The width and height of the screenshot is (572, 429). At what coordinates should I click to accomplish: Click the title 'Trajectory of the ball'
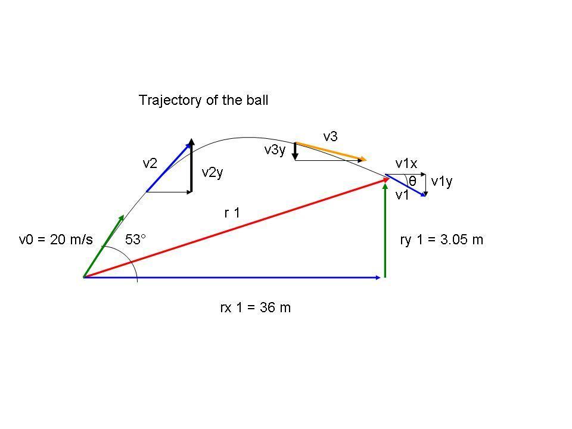tap(203, 100)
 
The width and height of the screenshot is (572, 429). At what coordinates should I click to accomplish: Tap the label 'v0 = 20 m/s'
tap(56, 240)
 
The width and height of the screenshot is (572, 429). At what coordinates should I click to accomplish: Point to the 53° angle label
tap(135, 240)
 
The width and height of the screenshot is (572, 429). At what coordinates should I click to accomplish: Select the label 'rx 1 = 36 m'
tap(256, 308)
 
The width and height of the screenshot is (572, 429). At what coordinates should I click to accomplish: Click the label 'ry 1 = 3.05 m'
tap(442, 240)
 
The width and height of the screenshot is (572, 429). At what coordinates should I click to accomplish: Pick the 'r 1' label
tap(232, 213)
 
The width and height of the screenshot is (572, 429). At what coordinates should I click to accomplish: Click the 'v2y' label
tap(212, 173)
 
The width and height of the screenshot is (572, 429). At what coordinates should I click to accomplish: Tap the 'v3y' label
tap(275, 150)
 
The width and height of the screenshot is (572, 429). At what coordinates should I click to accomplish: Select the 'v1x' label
tap(406, 163)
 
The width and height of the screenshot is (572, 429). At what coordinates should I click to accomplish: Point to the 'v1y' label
tap(442, 181)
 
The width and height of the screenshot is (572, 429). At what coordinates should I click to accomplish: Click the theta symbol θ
tap(412, 181)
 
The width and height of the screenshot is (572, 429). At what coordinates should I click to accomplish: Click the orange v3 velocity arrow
tap(330, 151)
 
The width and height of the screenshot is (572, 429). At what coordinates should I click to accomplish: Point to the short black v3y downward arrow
tap(295, 151)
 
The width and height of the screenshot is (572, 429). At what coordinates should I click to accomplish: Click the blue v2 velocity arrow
tap(169, 166)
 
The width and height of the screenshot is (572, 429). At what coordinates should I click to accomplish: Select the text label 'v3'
tap(330, 136)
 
